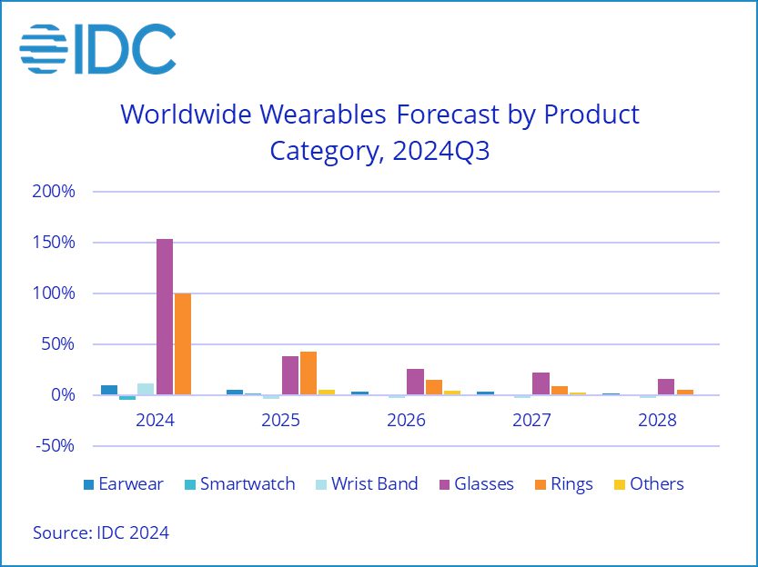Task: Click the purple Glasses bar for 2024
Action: click(165, 316)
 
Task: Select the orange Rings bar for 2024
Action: click(182, 343)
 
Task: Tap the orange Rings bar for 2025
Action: click(308, 373)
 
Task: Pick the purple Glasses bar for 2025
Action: click(290, 375)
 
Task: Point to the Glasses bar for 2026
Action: click(415, 382)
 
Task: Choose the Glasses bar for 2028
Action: click(666, 387)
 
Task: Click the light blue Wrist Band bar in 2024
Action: click(146, 389)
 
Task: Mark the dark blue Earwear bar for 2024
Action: click(109, 390)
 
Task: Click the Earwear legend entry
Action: click(123, 484)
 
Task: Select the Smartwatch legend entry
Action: click(238, 484)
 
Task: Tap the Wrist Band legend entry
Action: click(364, 484)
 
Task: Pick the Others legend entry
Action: click(646, 484)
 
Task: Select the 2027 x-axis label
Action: click(531, 422)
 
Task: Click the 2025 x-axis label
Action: click(281, 422)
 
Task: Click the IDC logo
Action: click(98, 48)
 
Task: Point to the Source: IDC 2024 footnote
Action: click(101, 532)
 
